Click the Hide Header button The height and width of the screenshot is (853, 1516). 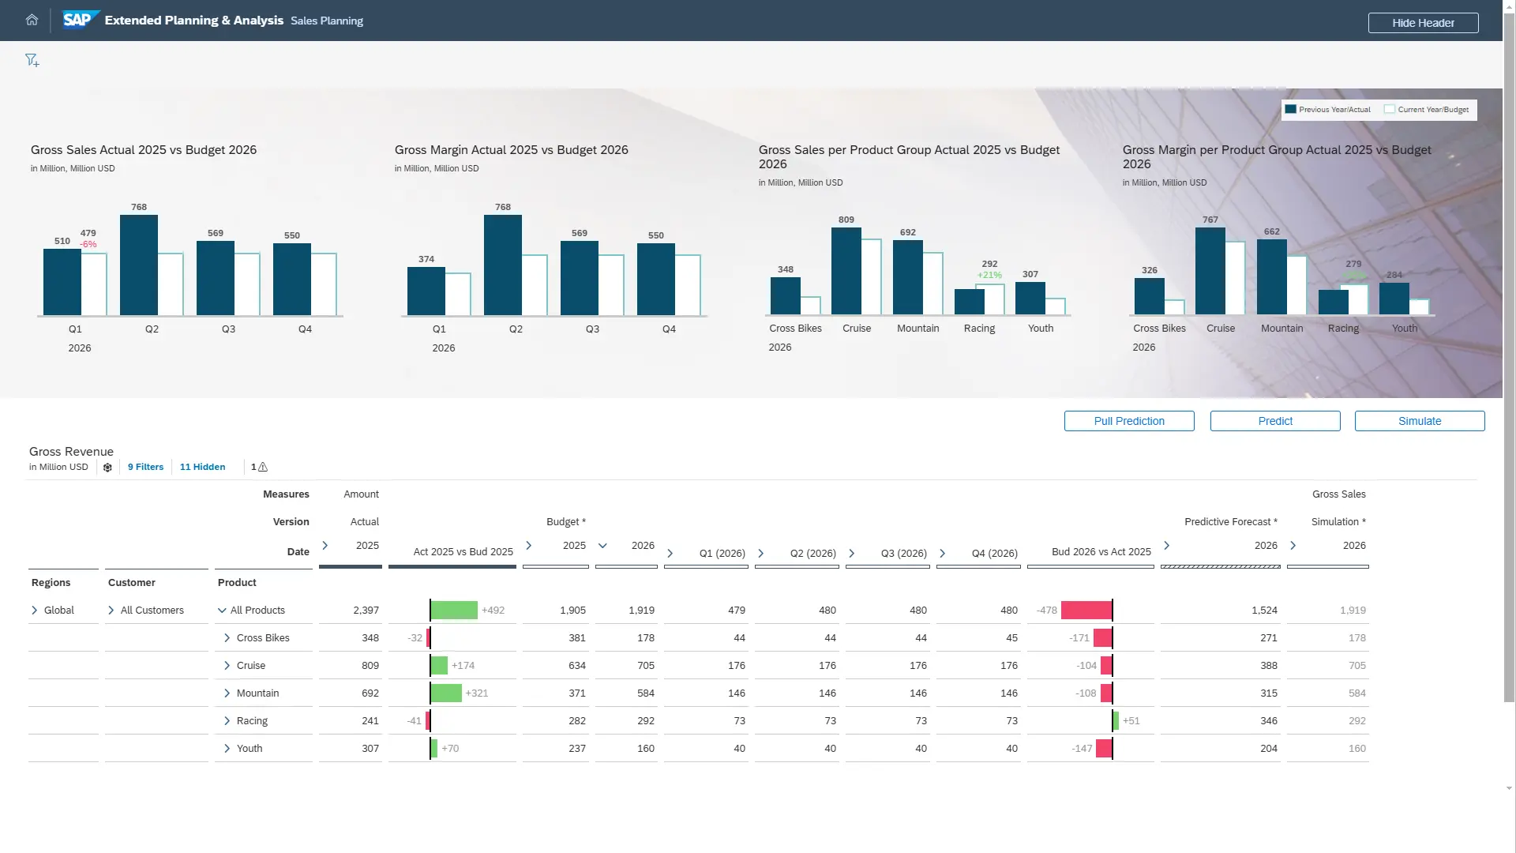[1423, 23]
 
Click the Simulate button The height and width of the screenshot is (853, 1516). [1419, 421]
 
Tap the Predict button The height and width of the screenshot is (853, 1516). [1274, 421]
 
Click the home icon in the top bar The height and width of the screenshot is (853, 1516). [32, 21]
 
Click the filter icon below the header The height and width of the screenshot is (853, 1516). [32, 61]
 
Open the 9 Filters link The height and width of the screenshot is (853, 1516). [145, 467]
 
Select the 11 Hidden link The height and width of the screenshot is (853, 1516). [202, 467]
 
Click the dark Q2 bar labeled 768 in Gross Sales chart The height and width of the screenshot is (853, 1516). [138, 265]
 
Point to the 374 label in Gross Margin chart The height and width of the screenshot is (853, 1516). [426, 259]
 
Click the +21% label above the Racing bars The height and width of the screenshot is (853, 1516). [989, 275]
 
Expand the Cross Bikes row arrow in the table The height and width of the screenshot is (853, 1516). [227, 638]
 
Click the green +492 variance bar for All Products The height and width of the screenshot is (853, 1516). [454, 611]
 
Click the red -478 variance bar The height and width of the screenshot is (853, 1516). [1086, 611]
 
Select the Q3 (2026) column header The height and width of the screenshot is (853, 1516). [903, 554]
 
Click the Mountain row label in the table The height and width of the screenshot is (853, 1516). [257, 693]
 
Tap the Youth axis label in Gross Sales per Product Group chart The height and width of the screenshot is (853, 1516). [1040, 329]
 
